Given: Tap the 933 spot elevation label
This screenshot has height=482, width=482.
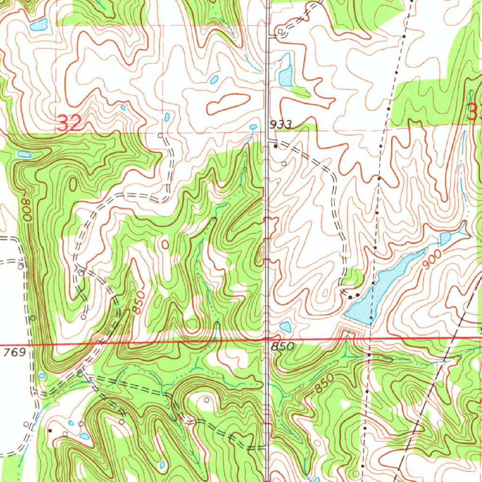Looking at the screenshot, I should (x=281, y=125).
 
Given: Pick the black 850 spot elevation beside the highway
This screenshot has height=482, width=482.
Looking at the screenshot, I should (x=283, y=347).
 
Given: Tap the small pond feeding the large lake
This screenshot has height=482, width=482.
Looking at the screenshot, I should (x=445, y=239).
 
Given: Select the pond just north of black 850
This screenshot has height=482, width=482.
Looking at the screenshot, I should (x=285, y=326).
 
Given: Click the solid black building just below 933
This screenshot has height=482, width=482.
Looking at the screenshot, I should (x=276, y=146).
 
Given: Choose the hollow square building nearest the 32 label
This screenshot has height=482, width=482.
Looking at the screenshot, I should (x=161, y=135).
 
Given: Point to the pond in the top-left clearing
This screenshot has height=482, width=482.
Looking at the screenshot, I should (x=38, y=24).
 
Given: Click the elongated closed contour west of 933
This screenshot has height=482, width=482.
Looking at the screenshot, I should (x=228, y=104).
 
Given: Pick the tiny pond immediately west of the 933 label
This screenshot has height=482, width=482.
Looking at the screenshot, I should (x=253, y=127).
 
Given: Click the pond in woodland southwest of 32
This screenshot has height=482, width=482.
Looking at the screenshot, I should (x=24, y=154).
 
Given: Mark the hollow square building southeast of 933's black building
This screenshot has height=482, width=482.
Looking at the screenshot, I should (x=284, y=163).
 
